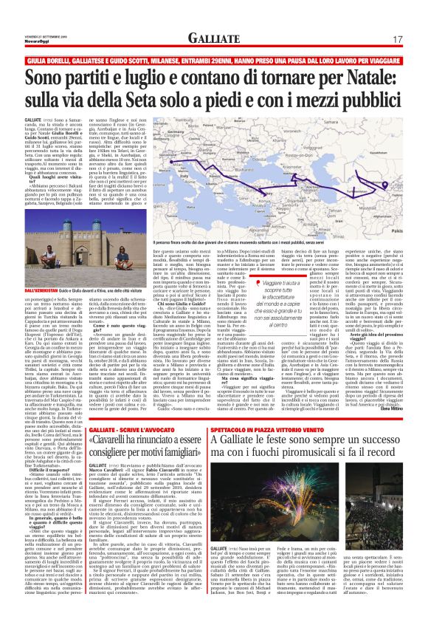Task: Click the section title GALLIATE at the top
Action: point(213,39)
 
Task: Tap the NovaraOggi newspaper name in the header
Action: point(37,39)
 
